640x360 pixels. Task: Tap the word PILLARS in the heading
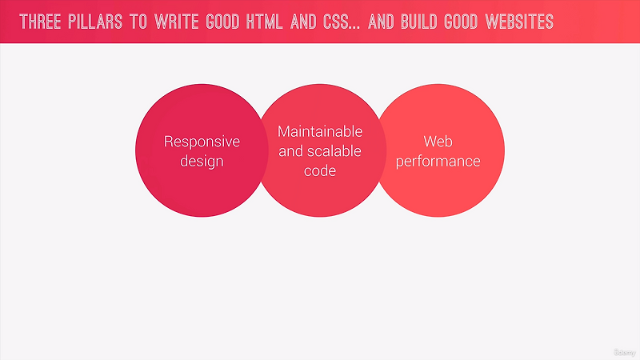click(99, 21)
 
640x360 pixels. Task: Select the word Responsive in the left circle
click(202, 142)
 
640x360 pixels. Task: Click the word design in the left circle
click(202, 161)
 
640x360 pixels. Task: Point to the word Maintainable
click(320, 131)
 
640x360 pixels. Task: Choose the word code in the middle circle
click(320, 170)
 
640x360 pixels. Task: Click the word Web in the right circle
click(440, 142)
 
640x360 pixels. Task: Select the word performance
click(440, 161)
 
